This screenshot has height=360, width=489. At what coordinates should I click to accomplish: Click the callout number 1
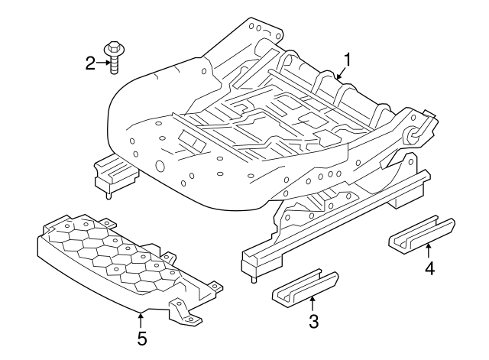(348, 59)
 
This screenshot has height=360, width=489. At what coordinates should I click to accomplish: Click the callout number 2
(90, 63)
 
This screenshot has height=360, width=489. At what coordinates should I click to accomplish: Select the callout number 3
(313, 321)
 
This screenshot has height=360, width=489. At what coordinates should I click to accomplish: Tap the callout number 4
(429, 268)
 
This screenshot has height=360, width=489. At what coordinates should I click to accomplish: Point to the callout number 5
(141, 337)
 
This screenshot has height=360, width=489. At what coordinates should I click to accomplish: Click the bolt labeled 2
(114, 57)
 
